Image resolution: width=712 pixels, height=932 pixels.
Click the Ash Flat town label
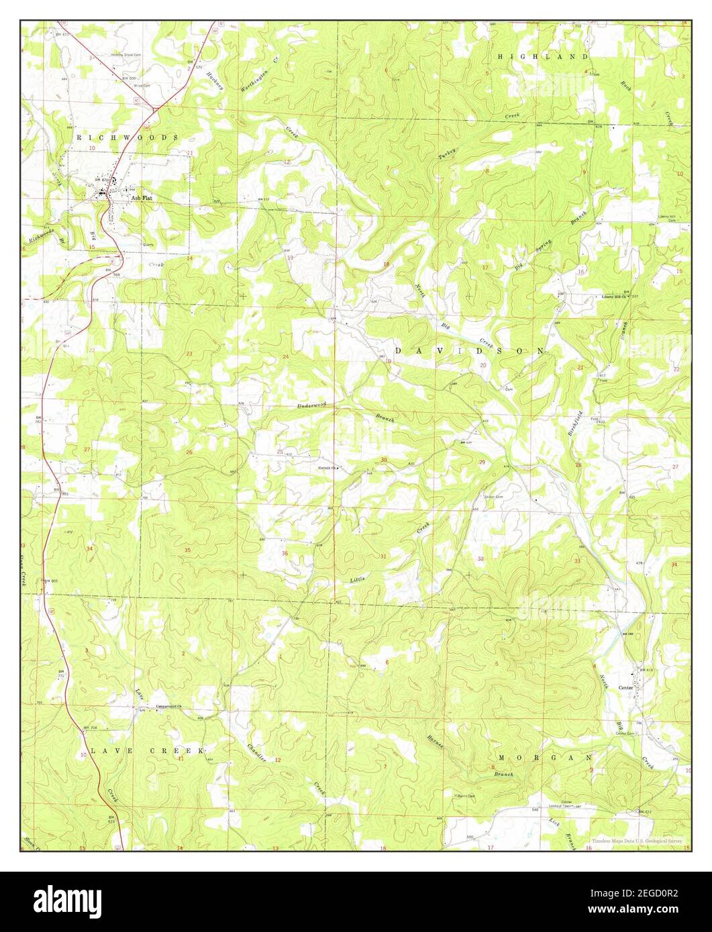[141, 198]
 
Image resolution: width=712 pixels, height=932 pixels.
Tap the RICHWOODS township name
[128, 137]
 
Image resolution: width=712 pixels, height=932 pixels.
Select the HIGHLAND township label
[543, 58]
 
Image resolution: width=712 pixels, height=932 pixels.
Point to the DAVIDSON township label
[470, 351]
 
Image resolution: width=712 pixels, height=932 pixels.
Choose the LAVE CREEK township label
[148, 751]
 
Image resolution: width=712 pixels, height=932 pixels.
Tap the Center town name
[626, 687]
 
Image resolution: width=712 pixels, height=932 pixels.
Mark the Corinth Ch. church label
[328, 467]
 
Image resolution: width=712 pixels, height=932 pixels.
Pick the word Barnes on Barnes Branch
[435, 743]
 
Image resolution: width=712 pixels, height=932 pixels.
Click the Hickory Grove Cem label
[128, 55]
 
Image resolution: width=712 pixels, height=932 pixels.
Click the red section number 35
[187, 550]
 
